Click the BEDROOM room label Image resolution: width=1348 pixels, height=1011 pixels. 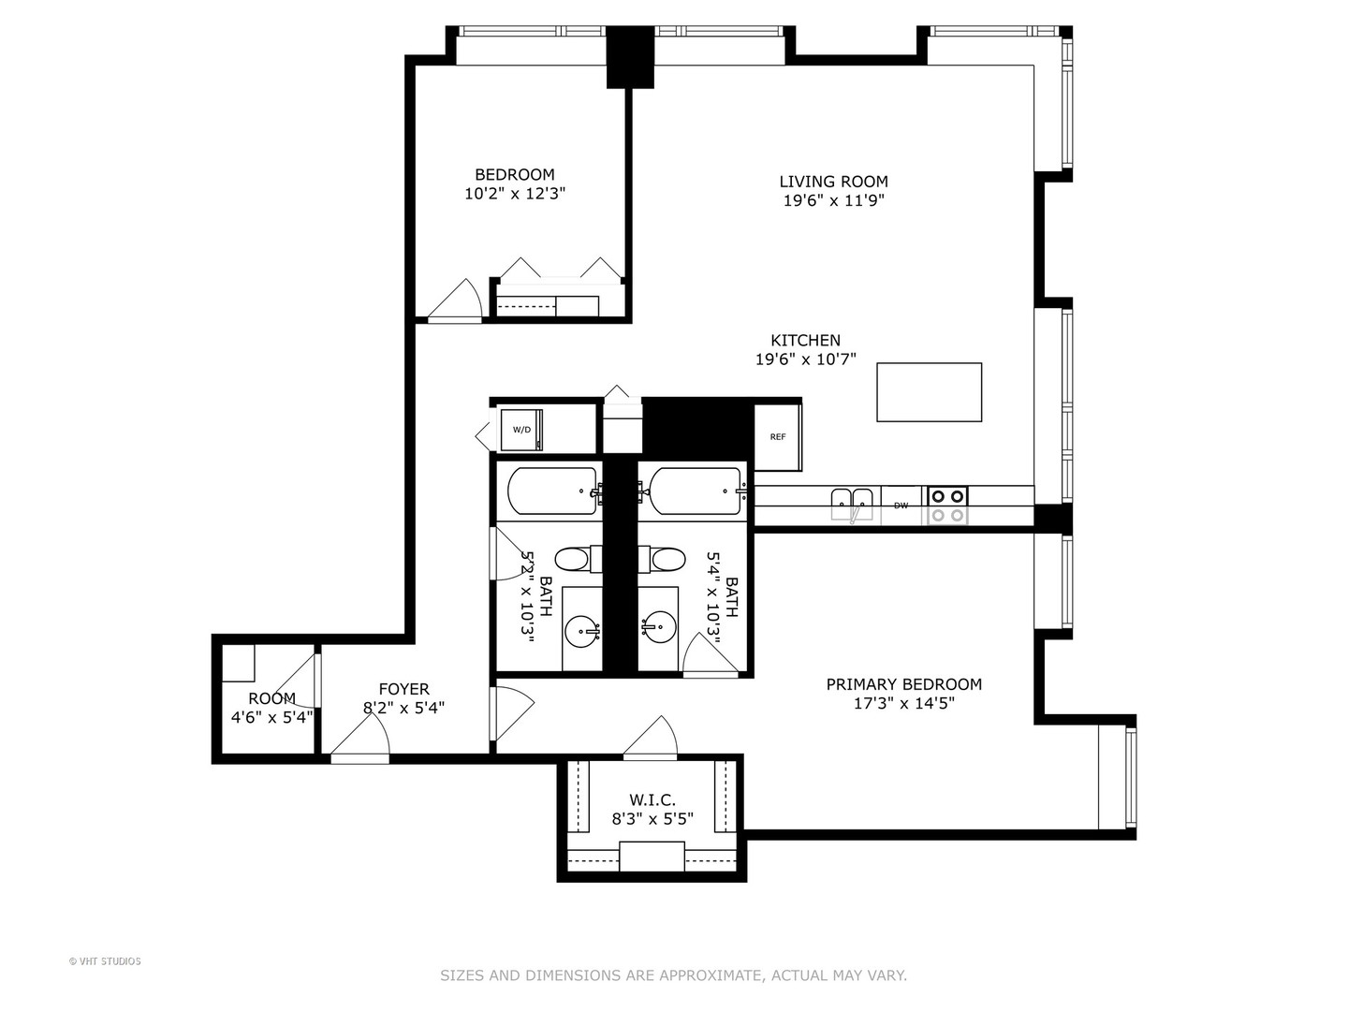point(514,174)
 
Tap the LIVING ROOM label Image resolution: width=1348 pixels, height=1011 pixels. point(833,182)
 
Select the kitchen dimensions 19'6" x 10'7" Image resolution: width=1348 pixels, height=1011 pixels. point(805,359)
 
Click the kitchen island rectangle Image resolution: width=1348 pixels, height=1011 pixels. point(929,392)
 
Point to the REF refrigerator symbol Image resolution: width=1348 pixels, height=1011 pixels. point(777,437)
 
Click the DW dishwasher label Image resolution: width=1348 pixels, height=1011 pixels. point(901,506)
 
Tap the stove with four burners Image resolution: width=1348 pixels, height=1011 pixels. point(946,505)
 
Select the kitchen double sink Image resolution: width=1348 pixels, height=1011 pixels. point(852,504)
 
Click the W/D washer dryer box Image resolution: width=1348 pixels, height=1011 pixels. point(520,430)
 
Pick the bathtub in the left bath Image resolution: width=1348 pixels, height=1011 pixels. point(552,491)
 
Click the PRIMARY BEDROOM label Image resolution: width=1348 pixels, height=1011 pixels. point(903,684)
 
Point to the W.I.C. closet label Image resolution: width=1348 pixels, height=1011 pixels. point(652,799)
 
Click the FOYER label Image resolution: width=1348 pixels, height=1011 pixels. point(403,689)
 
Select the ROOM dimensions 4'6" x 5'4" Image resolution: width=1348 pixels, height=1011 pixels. point(271,717)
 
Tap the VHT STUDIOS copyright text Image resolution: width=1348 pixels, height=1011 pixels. point(105,960)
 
